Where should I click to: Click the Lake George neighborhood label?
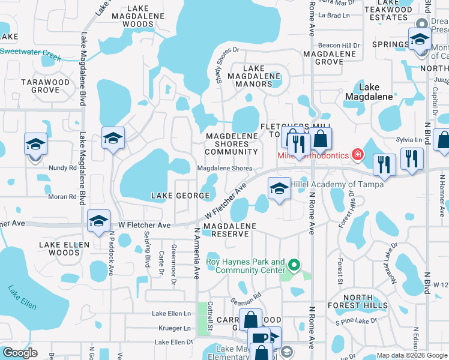[x=176, y=196]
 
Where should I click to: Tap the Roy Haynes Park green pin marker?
[x=294, y=264]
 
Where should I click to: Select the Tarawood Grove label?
[x=40, y=86]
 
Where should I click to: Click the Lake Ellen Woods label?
[x=64, y=248]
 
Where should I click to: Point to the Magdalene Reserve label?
[x=230, y=230]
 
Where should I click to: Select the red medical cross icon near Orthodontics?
[x=358, y=155]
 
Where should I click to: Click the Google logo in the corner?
[x=20, y=353]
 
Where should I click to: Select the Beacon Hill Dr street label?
[x=339, y=46]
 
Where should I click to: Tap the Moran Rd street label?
[x=60, y=197]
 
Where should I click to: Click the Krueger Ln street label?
[x=175, y=328]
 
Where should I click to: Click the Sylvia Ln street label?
[x=410, y=139]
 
